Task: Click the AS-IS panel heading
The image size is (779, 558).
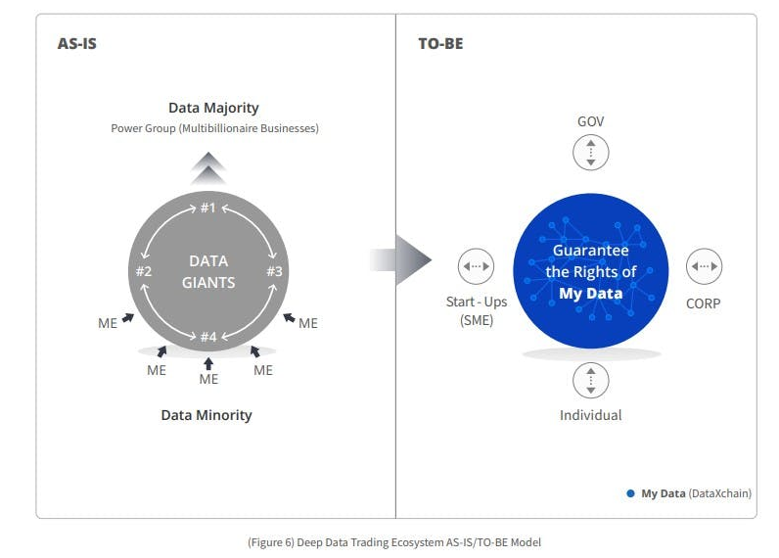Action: pos(77,44)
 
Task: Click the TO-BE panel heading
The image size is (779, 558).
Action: pos(440,44)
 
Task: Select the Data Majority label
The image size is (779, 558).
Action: pos(213,108)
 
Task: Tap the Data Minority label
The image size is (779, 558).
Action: pos(206,415)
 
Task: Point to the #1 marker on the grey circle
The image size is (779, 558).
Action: pos(207,208)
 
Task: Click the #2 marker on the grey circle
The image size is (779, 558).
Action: pos(143,271)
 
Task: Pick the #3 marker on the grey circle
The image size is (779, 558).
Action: pos(274,271)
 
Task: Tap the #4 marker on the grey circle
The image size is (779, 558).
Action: pos(207,337)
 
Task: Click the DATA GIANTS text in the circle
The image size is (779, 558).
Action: pos(208,272)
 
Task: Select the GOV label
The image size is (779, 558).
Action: pos(590,121)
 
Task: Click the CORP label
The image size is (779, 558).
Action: pos(703,303)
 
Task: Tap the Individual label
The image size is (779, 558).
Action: pos(590,415)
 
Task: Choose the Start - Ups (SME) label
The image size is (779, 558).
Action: pos(477,311)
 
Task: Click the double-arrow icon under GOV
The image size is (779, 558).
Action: pos(590,153)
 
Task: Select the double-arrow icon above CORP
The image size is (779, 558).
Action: pos(704,266)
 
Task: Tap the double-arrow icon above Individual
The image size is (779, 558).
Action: pos(590,380)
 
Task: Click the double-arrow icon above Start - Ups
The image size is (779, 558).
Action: pos(477,266)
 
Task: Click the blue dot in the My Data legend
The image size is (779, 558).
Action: pos(630,493)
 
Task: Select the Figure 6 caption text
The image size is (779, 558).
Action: pos(394,541)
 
